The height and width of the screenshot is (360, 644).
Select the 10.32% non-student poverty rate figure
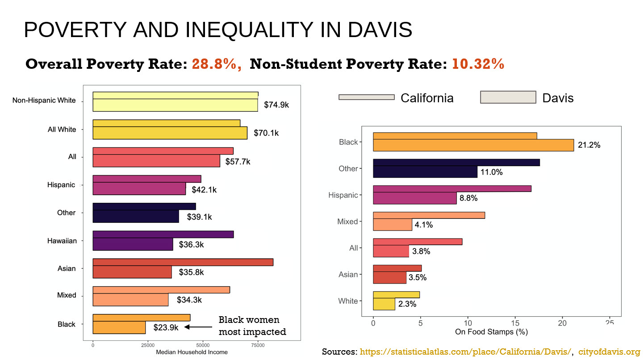[x=478, y=64]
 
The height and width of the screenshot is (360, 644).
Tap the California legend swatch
[x=366, y=97]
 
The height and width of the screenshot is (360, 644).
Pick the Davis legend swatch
[x=508, y=97]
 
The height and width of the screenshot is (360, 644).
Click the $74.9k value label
[x=276, y=105]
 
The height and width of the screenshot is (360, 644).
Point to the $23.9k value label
[x=166, y=327]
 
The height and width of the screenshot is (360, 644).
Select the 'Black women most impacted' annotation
[x=252, y=326]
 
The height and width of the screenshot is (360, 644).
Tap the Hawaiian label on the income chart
[x=62, y=241]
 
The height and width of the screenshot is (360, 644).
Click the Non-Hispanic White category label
[x=44, y=100]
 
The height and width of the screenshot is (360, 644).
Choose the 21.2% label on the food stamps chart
[x=589, y=145]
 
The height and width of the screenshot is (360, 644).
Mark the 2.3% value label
[x=407, y=304]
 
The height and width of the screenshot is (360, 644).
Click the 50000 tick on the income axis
[x=203, y=345]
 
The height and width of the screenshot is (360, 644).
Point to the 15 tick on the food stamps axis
[x=515, y=323]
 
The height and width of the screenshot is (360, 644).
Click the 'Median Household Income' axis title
[x=192, y=352]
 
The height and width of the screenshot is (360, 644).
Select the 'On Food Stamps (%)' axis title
[x=491, y=332]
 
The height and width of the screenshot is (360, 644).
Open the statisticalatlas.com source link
[x=465, y=352]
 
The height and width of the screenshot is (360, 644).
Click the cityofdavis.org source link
[x=609, y=352]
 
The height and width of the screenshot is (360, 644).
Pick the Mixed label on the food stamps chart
[x=347, y=222]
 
